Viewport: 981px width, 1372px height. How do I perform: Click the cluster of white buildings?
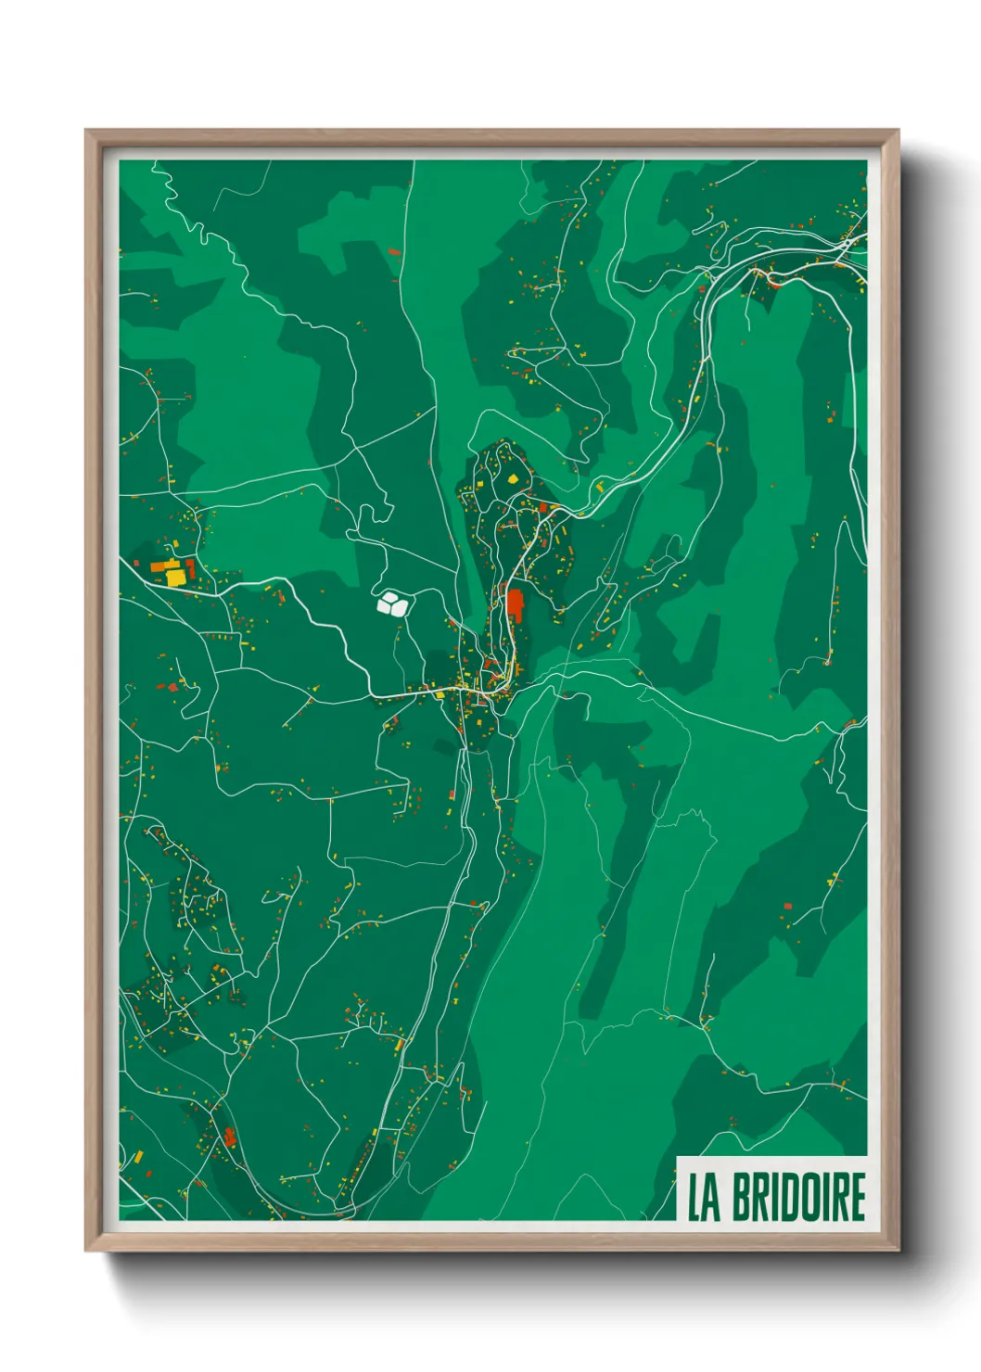[x=392, y=603]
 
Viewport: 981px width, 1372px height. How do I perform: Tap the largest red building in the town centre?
[x=515, y=604]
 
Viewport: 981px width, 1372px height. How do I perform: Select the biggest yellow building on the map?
[x=174, y=577]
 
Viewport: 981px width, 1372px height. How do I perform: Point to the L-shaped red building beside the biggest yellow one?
[x=190, y=566]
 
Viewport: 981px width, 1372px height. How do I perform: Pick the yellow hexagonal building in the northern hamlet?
[x=513, y=479]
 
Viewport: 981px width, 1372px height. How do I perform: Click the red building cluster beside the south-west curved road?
[x=228, y=1137]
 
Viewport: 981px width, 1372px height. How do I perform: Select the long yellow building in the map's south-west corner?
[x=137, y=1157]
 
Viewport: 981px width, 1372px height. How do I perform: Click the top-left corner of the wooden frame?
[x=87, y=132]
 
